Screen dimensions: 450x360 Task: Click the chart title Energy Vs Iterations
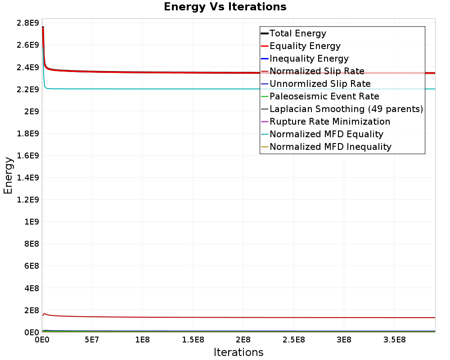click(x=225, y=7)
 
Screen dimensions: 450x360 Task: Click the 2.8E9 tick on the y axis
click(x=28, y=22)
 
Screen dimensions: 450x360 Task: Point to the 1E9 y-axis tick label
click(x=31, y=222)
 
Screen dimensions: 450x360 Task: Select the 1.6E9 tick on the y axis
click(x=28, y=155)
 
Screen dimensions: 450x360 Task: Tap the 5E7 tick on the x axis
click(x=91, y=340)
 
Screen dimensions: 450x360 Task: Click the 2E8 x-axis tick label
click(x=243, y=340)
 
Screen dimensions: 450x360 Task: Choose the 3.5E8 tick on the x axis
click(x=394, y=340)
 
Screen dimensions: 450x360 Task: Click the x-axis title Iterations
click(x=238, y=352)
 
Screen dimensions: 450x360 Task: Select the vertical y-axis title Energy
click(x=8, y=175)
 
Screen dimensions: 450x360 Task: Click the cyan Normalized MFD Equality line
click(x=238, y=89)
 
